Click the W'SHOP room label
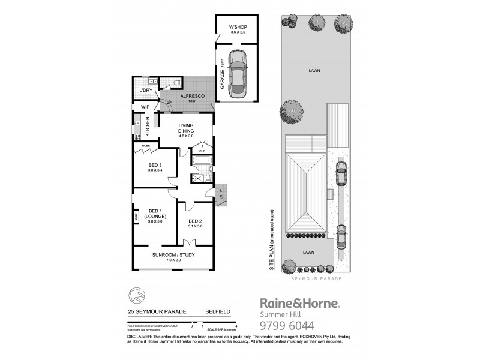point(238,28)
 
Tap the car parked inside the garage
point(239,73)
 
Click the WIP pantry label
point(145,107)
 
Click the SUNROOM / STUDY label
point(173,257)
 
